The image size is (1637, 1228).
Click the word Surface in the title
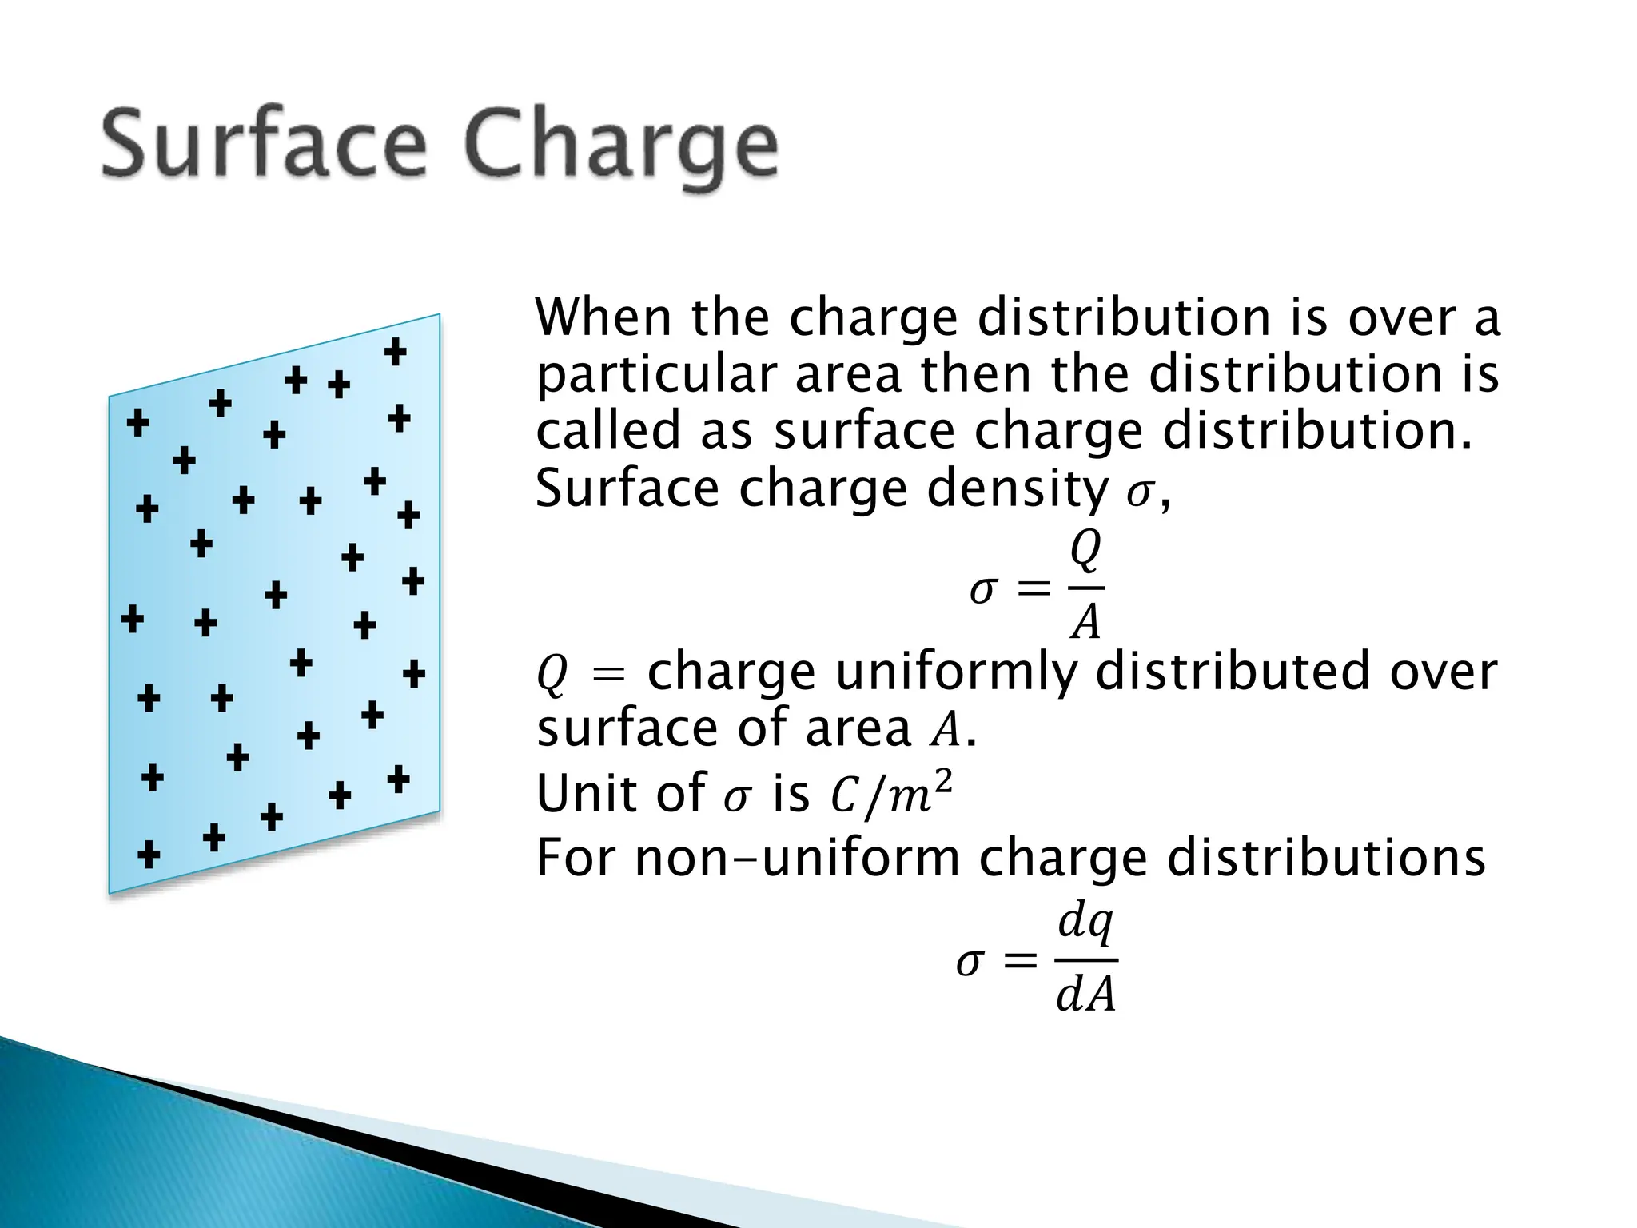click(263, 146)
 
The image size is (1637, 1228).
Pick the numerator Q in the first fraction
click(1085, 551)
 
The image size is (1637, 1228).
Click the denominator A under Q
click(1085, 621)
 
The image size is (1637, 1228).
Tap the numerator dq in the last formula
click(1085, 923)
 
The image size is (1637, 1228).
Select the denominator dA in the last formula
click(1085, 996)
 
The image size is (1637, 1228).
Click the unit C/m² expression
click(892, 794)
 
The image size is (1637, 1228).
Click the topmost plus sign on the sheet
click(395, 351)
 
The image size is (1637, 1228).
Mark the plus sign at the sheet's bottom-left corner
click(149, 854)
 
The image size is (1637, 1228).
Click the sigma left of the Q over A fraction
click(982, 590)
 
